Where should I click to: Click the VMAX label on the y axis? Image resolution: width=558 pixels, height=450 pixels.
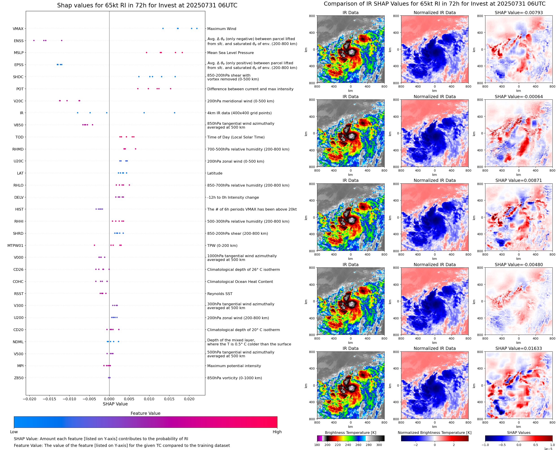click(18, 29)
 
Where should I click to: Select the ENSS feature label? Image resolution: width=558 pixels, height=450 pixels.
click(19, 41)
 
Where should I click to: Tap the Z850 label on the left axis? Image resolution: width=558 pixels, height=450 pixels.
click(19, 378)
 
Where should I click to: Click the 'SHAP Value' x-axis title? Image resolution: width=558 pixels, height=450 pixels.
click(115, 404)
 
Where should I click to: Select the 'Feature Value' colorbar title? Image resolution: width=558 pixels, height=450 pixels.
click(145, 413)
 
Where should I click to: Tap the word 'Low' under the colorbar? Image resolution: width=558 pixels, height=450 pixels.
click(14, 432)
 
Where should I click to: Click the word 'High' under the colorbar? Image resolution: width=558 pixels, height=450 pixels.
click(277, 432)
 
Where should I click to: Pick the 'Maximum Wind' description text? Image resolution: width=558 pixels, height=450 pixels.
click(221, 29)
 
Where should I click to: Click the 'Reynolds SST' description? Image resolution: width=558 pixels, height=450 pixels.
click(220, 294)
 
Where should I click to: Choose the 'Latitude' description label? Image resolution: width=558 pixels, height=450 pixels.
click(215, 173)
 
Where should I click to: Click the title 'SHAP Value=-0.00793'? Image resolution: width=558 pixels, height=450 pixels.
click(519, 13)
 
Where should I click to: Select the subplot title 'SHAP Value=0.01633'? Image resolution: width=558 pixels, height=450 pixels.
click(519, 348)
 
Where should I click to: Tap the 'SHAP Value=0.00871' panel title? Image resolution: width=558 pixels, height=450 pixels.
click(519, 180)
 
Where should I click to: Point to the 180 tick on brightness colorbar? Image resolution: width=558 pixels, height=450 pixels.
click(317, 445)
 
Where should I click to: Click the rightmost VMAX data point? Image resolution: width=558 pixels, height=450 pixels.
click(197, 28)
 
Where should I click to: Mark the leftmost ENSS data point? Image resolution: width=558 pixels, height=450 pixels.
click(34, 41)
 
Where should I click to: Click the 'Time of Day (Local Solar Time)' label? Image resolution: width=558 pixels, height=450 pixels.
click(236, 137)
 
